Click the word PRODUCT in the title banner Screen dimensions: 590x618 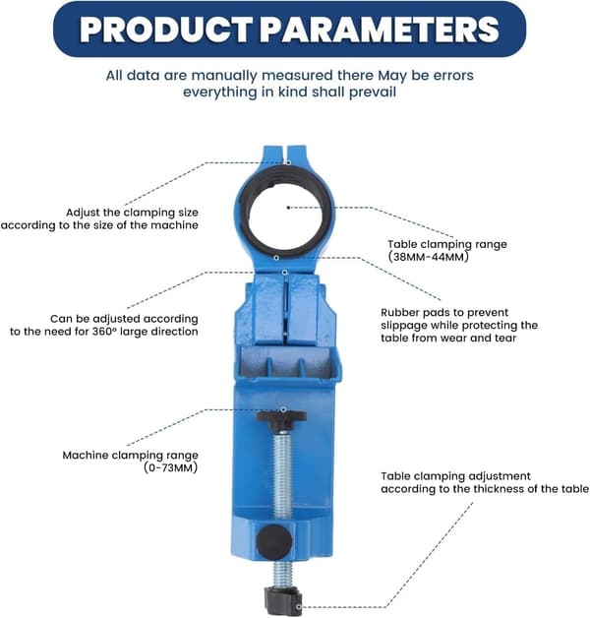[x=166, y=30]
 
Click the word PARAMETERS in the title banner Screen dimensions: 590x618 [x=380, y=30]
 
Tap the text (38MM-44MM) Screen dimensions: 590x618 [x=429, y=257]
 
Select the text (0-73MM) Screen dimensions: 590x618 [x=171, y=467]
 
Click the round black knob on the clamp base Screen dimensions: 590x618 [x=274, y=542]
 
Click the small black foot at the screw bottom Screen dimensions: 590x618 [x=283, y=600]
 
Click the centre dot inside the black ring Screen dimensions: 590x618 [x=289, y=208]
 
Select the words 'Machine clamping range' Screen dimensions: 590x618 [x=131, y=456]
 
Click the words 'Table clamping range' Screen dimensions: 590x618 [x=447, y=244]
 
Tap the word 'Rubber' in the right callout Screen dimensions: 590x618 [x=396, y=313]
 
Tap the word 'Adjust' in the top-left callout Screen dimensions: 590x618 [x=83, y=213]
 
